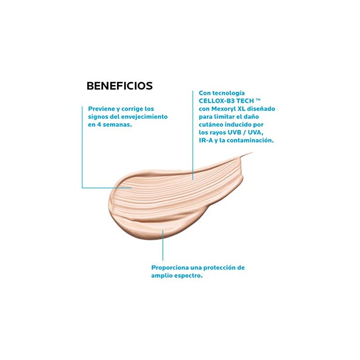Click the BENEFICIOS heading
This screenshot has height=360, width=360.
119,85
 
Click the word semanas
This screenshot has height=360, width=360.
117,125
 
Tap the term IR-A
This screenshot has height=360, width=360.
206,140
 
